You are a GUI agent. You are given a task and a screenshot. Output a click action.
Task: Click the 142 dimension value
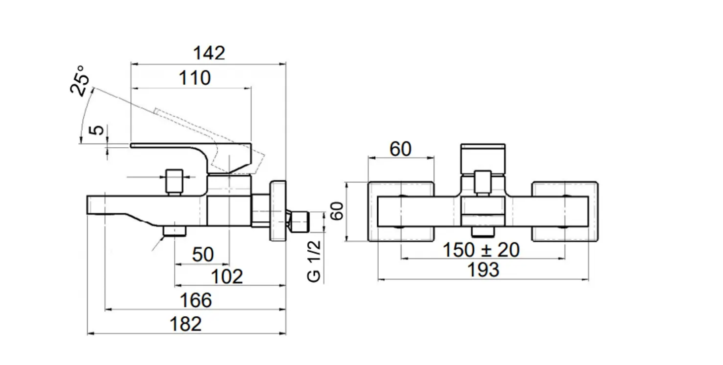click(x=209, y=53)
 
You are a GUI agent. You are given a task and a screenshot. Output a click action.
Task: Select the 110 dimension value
click(x=194, y=78)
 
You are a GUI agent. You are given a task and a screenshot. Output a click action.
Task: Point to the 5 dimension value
click(x=99, y=130)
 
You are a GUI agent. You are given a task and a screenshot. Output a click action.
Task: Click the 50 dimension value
click(x=202, y=255)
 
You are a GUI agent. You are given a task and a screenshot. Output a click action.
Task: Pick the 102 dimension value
click(x=227, y=277)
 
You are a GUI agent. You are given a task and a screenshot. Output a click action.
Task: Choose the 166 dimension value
click(x=196, y=300)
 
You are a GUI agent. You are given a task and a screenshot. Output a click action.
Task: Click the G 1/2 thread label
click(x=314, y=262)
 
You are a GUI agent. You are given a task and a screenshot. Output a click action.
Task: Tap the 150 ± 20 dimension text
click(x=481, y=250)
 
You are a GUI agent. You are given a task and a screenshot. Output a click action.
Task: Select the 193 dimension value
click(x=483, y=270)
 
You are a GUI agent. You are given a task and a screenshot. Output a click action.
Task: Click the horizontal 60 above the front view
click(x=400, y=149)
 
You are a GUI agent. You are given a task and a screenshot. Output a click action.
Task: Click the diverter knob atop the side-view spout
click(x=174, y=182)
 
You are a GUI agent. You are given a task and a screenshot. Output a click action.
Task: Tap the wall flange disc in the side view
click(x=277, y=211)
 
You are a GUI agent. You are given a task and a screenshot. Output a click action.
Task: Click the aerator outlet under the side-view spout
click(x=175, y=231)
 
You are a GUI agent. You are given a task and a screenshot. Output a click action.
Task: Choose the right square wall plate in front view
click(x=565, y=212)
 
